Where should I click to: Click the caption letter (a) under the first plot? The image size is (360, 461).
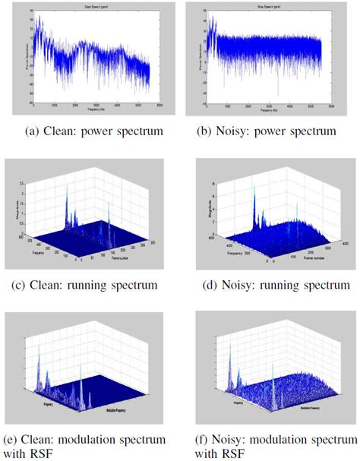(33, 131)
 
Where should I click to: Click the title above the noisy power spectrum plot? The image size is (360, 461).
(264, 7)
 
